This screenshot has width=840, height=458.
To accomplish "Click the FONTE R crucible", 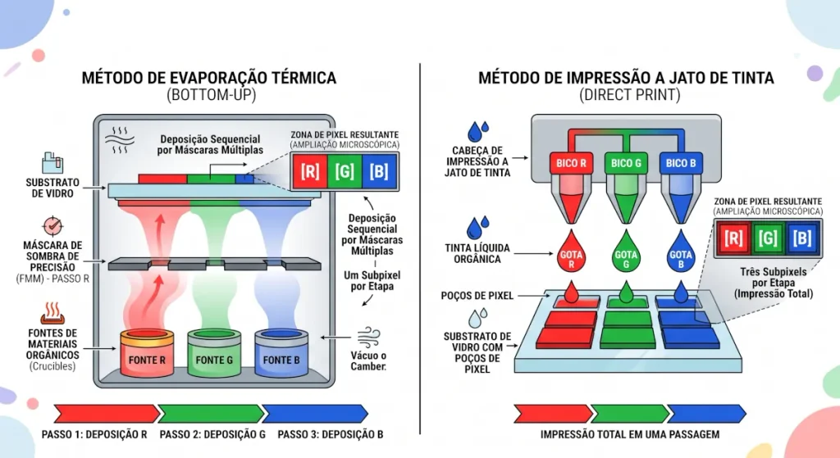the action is coord(147,352).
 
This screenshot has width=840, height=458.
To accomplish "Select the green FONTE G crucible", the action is coord(214,352).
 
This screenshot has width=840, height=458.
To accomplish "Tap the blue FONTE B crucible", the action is coord(281,352).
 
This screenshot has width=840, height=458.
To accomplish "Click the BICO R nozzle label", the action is coord(571,163).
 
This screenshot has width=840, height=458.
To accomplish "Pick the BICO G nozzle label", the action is coord(626,163).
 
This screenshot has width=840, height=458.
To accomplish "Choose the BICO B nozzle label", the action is coord(681,163).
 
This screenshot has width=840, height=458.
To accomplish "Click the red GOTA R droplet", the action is coord(571,251).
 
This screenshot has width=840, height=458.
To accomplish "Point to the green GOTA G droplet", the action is coord(626,251).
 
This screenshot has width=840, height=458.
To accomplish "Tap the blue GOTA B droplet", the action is coord(681,251).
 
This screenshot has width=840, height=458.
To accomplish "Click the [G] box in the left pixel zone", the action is coord(345,172).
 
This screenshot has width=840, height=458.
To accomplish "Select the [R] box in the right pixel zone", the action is coord(733,238).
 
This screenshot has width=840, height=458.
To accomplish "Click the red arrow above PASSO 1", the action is coord(107,414).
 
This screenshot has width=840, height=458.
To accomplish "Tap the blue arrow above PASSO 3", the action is coord(316,414).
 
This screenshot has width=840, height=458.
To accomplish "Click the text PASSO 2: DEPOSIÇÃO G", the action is coord(212,434).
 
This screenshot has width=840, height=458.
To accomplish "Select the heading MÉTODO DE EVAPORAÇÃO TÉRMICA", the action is coord(209,78).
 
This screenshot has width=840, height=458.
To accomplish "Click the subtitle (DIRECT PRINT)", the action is coord(629,95).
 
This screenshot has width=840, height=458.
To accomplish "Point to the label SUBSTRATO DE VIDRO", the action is coord(52,188).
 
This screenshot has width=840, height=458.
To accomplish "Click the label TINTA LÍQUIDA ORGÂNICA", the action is coord(477,254).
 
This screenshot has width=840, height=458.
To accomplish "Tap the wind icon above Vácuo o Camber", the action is coord(368,338).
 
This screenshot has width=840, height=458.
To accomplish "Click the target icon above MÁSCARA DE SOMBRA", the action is coord(52,226).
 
